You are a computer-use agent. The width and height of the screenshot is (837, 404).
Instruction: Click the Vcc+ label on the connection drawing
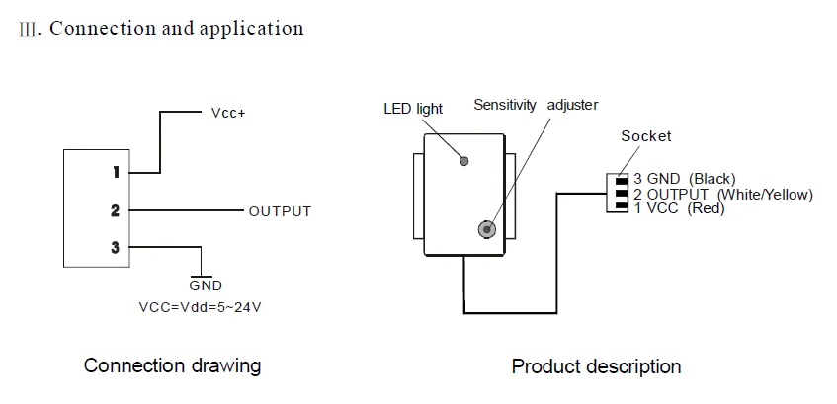[228, 114]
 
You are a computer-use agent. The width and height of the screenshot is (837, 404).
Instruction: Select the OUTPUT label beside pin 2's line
[280, 211]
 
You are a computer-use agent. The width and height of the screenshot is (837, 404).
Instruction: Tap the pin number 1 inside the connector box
[116, 173]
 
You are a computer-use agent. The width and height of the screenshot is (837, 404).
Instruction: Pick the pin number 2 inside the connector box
[116, 210]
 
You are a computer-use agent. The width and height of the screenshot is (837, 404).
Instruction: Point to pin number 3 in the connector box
[116, 248]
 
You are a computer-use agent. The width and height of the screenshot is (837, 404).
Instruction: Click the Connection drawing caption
[172, 366]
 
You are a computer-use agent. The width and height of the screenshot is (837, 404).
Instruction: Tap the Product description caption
[596, 367]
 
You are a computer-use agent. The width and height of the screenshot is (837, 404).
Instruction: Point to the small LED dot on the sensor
[464, 158]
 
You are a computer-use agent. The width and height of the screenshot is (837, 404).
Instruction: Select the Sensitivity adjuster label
[536, 105]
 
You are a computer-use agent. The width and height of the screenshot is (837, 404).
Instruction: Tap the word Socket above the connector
[646, 136]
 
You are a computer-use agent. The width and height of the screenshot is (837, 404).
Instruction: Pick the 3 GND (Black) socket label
[684, 179]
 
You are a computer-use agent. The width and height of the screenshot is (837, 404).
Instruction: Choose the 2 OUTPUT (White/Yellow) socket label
[723, 194]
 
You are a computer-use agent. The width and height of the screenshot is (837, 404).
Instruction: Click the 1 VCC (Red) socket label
[679, 208]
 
